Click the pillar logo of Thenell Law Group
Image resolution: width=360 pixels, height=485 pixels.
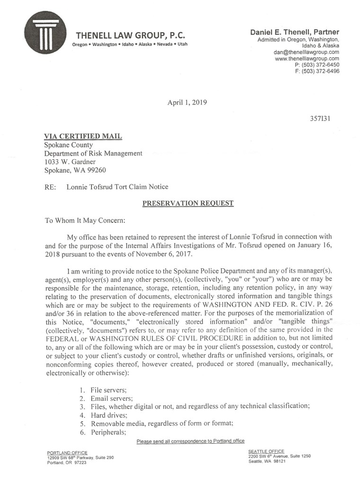[x=45, y=34]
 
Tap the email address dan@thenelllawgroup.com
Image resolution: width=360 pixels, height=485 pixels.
[x=306, y=52]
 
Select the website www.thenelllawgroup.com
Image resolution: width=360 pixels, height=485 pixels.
[x=307, y=59]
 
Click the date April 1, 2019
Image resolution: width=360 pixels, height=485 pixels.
[x=187, y=102]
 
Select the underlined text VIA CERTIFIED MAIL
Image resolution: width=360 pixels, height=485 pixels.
[x=83, y=137]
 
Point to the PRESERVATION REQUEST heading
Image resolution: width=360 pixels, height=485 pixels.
[x=188, y=203]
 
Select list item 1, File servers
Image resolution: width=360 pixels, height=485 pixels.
[x=108, y=390]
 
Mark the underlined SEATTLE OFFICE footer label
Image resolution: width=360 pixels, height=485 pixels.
[x=266, y=451]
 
